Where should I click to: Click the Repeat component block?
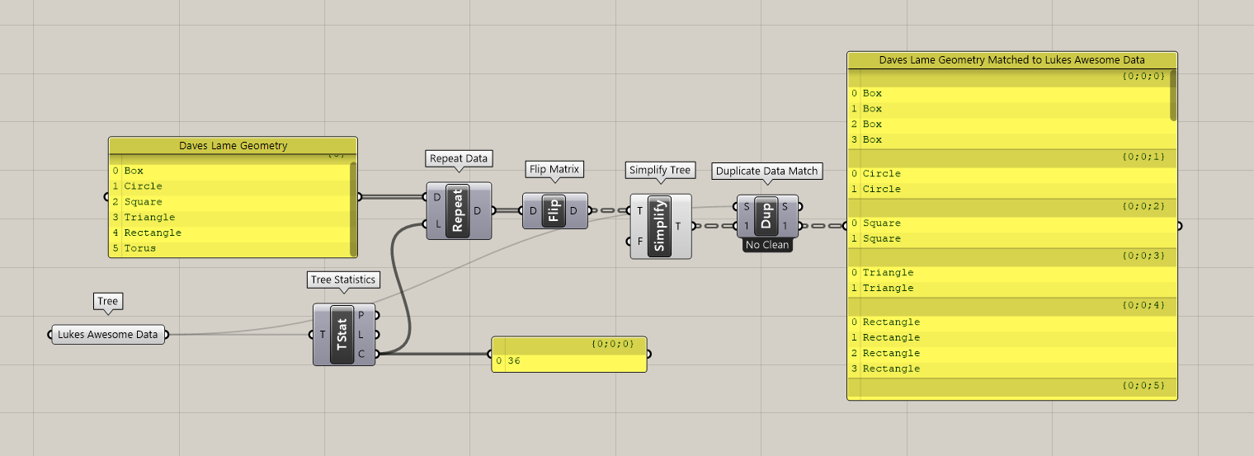[458, 211]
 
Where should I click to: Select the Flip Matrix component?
[554, 211]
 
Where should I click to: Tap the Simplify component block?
[660, 226]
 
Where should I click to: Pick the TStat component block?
[343, 335]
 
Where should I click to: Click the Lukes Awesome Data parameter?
[107, 335]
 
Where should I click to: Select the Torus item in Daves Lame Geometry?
[140, 248]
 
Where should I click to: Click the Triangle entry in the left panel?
[149, 217]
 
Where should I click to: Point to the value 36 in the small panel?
[514, 361]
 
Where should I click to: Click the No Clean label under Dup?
[766, 245]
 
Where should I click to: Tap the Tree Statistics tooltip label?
[343, 280]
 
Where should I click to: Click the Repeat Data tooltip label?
[459, 157]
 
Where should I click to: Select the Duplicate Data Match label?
[766, 171]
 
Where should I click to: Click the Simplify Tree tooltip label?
[659, 170]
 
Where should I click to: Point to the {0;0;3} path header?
[1143, 256]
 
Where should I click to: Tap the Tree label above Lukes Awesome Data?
[108, 301]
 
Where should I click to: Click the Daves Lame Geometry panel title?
[233, 146]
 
